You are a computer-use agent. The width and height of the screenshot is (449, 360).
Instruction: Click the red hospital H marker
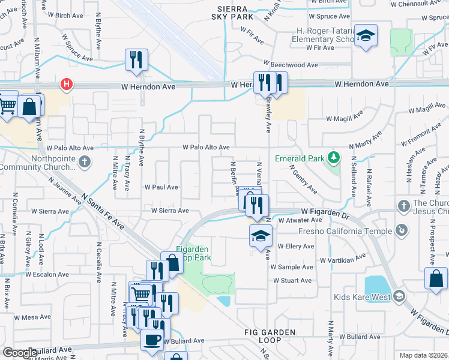tap(67, 85)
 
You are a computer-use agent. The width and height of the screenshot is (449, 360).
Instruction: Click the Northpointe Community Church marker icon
tap(85, 161)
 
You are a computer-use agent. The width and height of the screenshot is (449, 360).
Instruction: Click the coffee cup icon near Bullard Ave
tap(151, 339)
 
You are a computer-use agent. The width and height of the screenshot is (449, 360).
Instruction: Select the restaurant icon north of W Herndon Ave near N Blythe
tap(136, 59)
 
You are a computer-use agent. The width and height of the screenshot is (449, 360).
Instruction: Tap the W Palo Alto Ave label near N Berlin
tap(206, 147)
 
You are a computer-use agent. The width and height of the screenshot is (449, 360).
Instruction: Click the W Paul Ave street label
tap(161, 187)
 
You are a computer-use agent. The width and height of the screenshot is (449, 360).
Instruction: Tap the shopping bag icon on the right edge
tap(435, 278)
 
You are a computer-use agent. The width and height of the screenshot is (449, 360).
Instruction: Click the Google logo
tap(20, 353)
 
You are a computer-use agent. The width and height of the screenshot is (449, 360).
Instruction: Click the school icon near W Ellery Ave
tap(261, 236)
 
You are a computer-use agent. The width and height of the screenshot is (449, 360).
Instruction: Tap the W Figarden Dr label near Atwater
tap(325, 212)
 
